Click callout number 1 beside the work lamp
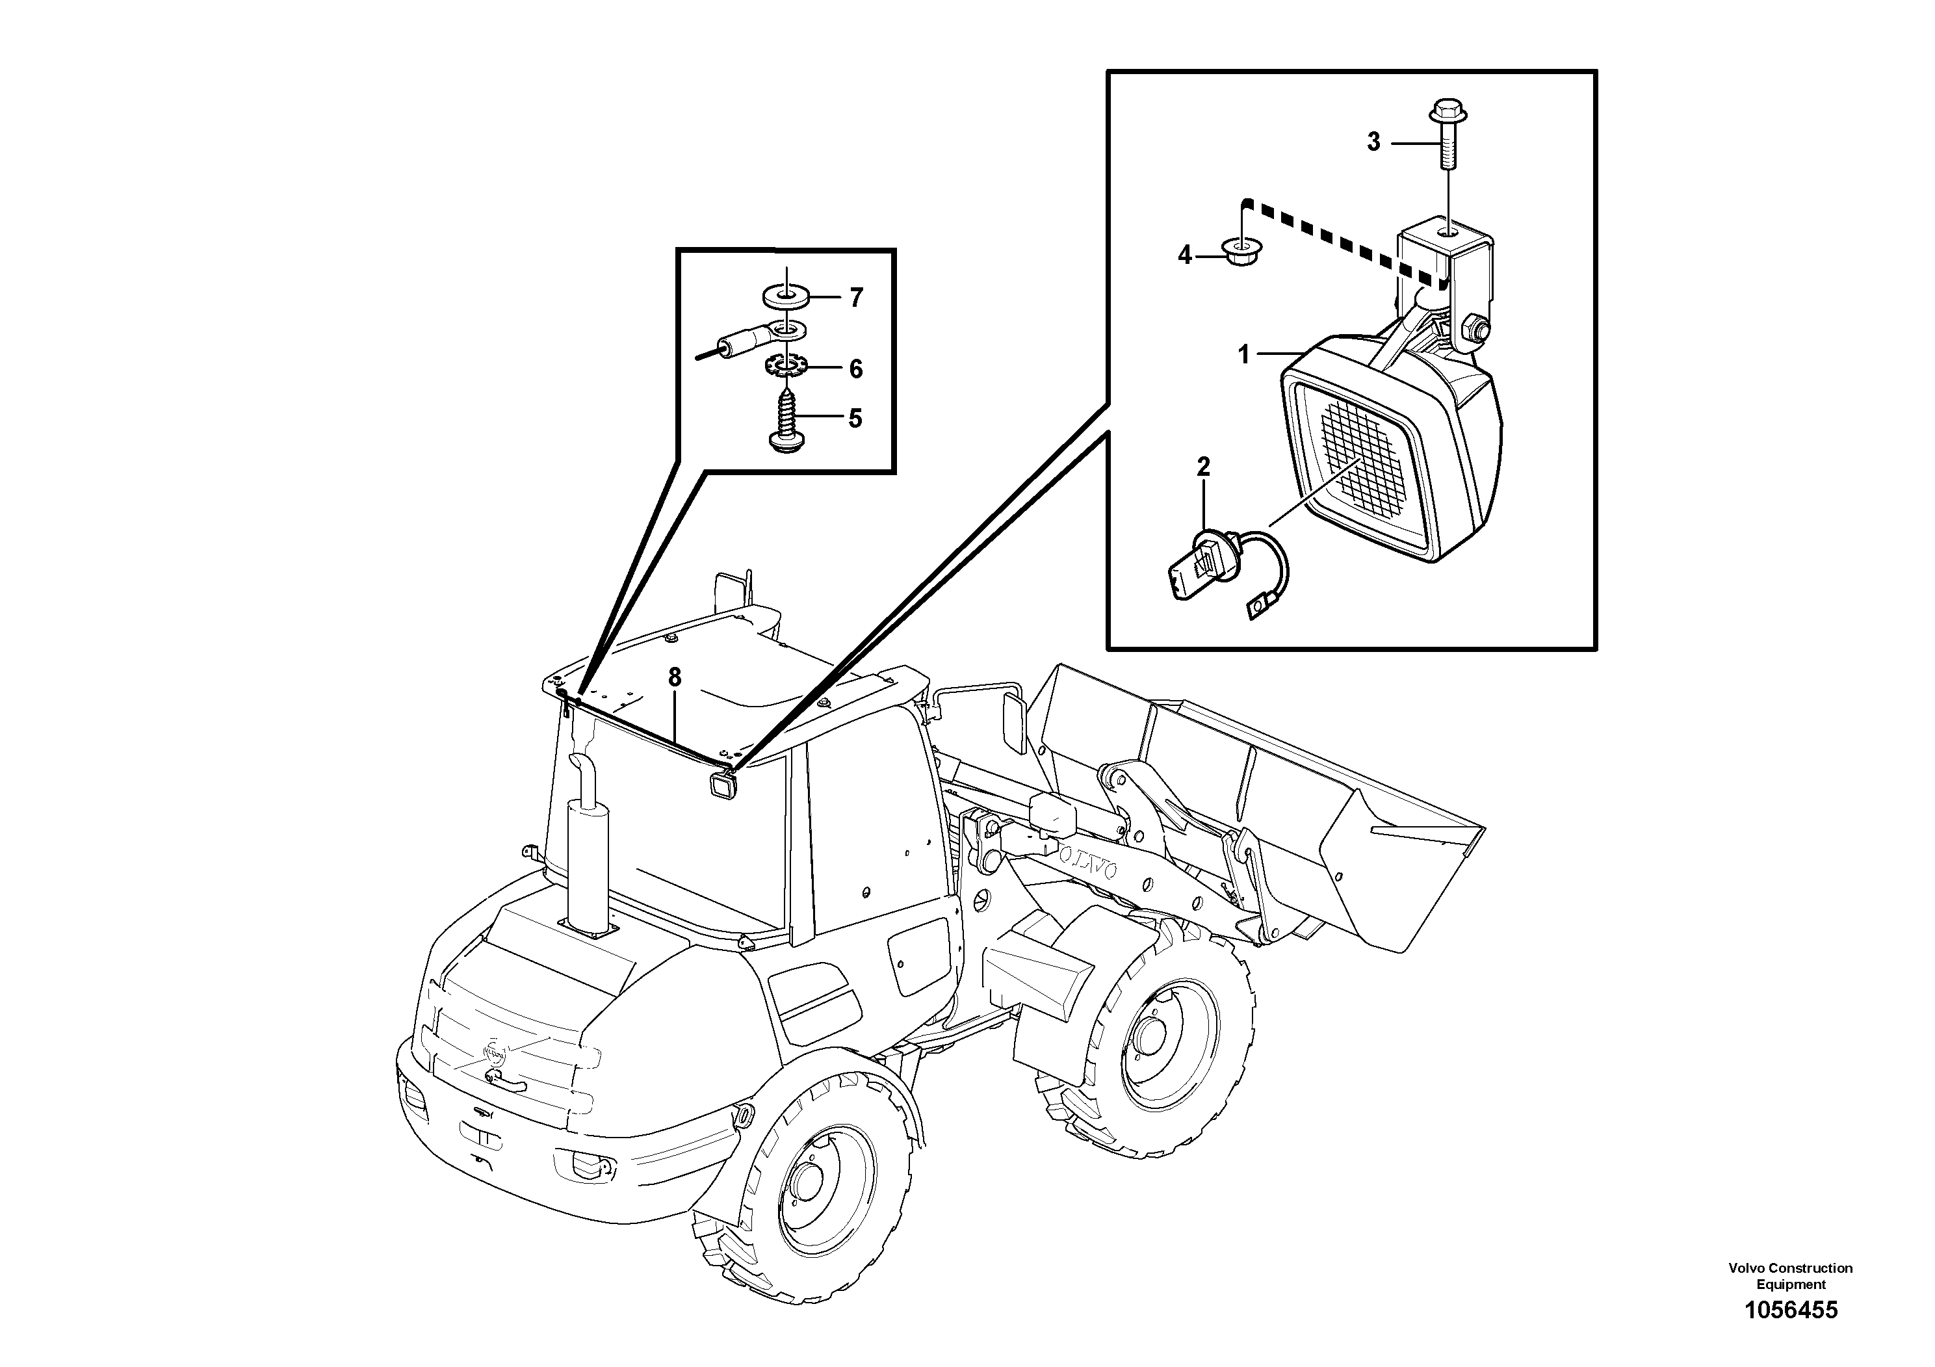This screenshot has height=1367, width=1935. click(1243, 355)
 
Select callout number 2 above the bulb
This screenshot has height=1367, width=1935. click(1204, 466)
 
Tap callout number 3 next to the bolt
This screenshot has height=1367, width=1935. click(1373, 143)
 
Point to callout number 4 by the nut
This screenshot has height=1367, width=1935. click(1185, 255)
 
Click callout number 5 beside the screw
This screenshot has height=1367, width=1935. click(855, 418)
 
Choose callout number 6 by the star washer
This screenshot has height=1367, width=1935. click(855, 369)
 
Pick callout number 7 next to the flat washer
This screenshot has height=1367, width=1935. click(856, 298)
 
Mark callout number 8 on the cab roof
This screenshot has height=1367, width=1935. click(674, 677)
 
